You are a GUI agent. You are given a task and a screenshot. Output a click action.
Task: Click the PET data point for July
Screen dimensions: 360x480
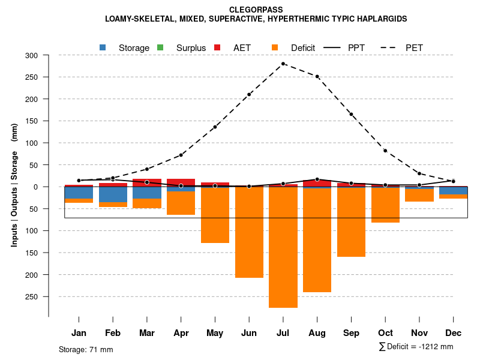coord(283,64)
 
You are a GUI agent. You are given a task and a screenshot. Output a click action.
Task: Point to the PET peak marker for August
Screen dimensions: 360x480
coord(317,77)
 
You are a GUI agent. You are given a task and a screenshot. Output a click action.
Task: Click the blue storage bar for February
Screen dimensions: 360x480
coord(113,194)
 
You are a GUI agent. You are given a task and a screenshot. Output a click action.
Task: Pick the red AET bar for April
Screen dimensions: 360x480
coord(181,182)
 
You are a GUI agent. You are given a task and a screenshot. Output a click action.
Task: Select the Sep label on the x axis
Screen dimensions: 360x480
coord(352,333)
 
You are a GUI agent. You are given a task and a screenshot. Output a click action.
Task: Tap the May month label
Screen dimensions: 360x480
coord(215,333)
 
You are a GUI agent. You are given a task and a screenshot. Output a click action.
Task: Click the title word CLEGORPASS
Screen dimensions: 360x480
coord(256,10)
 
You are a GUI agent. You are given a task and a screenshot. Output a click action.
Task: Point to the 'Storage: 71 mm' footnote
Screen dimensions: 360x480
coord(86,349)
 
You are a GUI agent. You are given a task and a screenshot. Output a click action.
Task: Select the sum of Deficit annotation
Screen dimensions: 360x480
coord(416,346)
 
